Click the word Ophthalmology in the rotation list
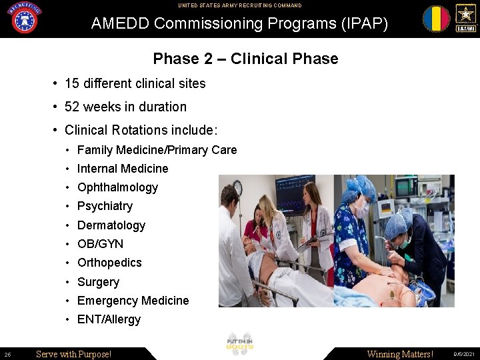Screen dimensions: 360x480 point(117,187)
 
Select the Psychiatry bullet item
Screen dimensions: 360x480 point(105,206)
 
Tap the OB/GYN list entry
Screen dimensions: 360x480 point(100,244)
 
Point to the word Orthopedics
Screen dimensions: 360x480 point(109,263)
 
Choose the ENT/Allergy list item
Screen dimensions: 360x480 point(109,319)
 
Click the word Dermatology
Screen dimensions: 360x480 point(111,225)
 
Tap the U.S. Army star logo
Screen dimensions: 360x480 point(465,18)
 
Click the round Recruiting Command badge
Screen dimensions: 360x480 point(24,18)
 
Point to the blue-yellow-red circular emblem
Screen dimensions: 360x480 point(436,19)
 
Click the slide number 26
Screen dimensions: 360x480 point(7,354)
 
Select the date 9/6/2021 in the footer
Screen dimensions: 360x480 point(465,354)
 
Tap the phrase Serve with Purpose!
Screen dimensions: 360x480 point(73,354)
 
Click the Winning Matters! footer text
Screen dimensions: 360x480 point(399,354)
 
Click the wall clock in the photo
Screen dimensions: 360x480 point(237,187)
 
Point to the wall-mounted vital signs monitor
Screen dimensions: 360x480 point(295,185)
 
